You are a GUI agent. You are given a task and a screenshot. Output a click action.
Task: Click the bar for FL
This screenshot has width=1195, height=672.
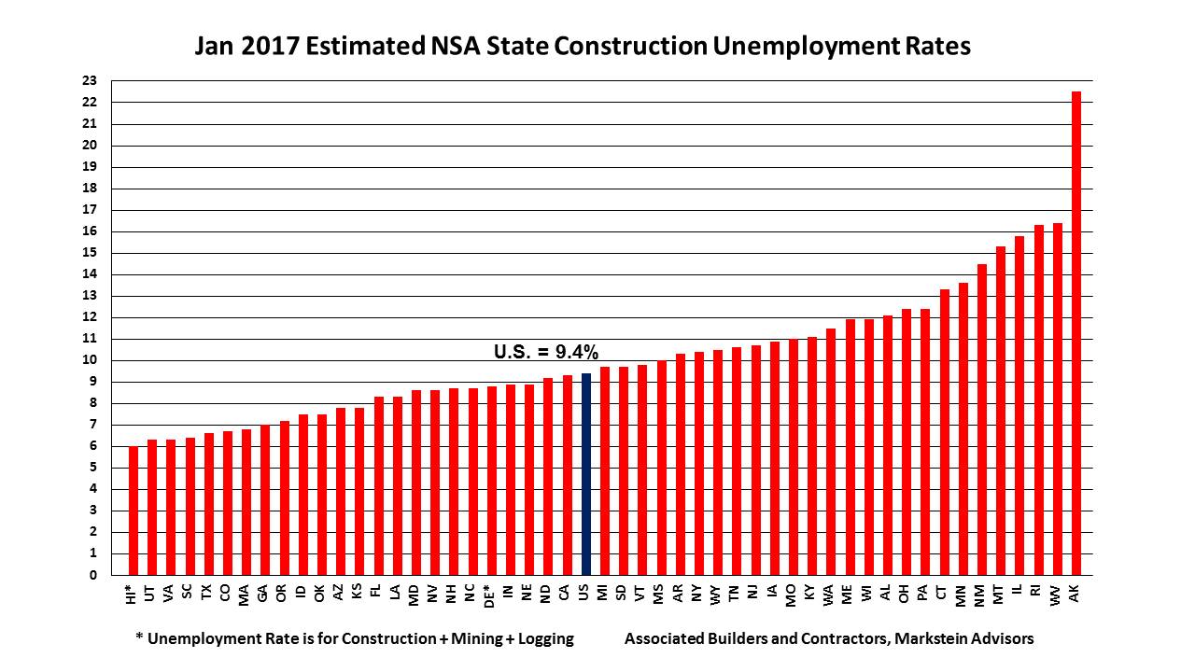click(379, 485)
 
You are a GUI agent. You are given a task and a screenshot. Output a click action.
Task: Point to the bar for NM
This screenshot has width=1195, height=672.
click(982, 420)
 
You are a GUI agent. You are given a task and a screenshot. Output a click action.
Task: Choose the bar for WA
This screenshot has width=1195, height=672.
click(831, 452)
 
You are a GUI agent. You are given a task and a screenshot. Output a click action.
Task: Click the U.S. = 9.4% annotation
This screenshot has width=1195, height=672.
click(545, 352)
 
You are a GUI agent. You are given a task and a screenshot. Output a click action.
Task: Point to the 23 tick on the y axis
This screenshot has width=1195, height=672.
click(90, 81)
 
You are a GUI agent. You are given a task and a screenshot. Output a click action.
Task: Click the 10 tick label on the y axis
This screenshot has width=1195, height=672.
click(90, 360)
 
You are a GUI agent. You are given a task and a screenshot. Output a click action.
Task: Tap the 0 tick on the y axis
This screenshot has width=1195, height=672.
click(93, 575)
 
